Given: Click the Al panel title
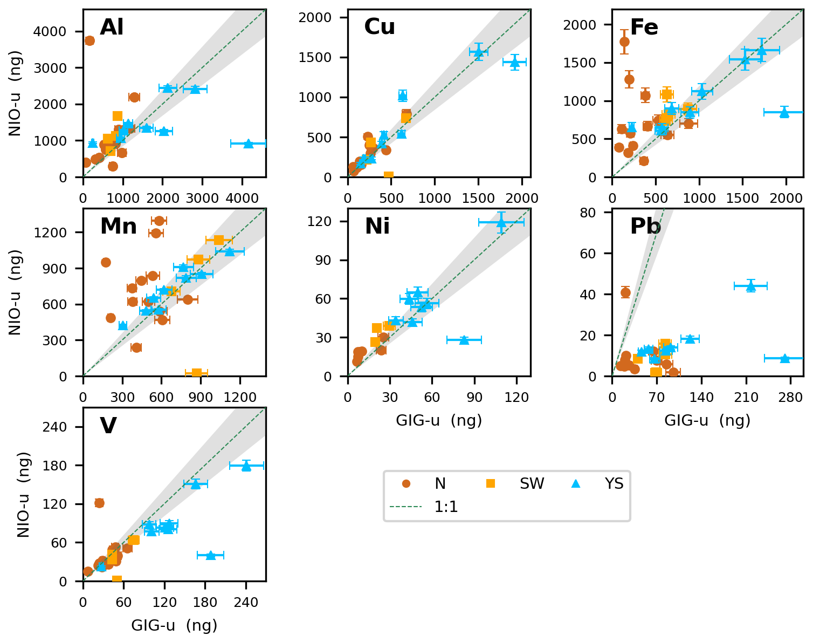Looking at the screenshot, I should point(112,27).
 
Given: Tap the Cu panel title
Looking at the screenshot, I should point(380,27).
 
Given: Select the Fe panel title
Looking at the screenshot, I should point(644,27).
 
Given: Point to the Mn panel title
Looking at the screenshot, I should point(118,226).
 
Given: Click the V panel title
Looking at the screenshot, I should point(108,426).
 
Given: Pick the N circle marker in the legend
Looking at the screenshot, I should point(407,484).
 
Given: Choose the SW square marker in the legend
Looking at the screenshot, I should point(491,484).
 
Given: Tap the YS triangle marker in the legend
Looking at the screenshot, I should point(576,484).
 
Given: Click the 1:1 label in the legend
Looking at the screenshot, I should point(446,507).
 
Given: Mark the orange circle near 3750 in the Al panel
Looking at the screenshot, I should point(89,40).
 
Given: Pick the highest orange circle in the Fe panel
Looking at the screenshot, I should point(624,42).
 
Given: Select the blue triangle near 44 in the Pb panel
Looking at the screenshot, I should point(750,286).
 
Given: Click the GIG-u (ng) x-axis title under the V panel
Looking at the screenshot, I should point(174,625).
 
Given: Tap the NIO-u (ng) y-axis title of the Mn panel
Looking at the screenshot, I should point(15,292).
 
